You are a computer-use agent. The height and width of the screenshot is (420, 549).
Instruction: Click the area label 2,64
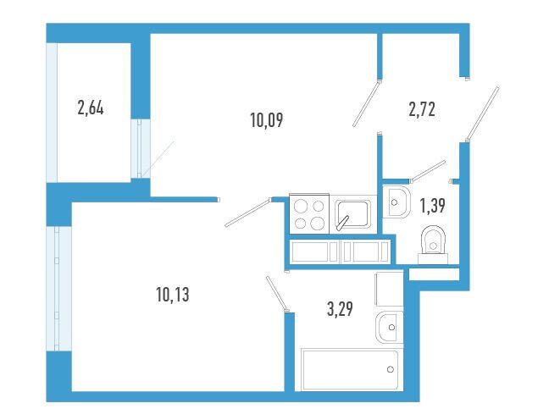(91, 108)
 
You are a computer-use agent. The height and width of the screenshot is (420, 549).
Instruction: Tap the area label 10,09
(267, 120)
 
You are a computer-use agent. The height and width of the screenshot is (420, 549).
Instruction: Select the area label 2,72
(422, 109)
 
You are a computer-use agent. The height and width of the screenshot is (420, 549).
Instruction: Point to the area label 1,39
(432, 206)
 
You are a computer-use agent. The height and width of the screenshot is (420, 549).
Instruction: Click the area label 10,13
(173, 295)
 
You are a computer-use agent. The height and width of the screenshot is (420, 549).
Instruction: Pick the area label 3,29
(340, 309)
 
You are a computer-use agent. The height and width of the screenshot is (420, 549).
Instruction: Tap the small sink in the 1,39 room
(396, 202)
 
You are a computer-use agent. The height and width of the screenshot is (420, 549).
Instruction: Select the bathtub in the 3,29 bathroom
(350, 369)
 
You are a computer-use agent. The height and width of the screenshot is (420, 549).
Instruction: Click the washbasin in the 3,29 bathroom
(390, 327)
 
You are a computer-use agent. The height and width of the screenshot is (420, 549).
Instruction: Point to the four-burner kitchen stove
(309, 213)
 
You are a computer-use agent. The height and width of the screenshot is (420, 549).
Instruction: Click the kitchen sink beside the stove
(352, 214)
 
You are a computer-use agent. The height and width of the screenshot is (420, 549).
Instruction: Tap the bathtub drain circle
(391, 369)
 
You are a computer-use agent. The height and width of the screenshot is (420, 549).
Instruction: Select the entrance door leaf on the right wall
(482, 113)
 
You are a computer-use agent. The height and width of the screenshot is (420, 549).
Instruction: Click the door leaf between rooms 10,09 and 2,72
(366, 103)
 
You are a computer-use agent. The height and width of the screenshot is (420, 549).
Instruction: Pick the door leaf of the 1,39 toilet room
(428, 171)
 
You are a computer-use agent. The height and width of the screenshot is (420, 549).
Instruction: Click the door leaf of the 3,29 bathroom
(277, 293)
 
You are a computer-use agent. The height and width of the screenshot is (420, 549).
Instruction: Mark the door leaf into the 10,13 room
(248, 213)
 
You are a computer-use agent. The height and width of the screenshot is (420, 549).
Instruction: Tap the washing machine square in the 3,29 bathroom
(389, 289)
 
